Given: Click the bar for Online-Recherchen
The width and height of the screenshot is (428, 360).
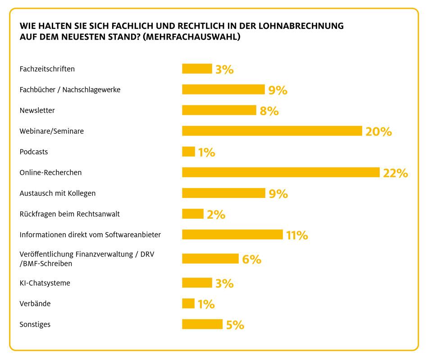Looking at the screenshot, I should coord(281,172).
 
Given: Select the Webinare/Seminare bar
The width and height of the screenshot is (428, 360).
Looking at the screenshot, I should coord(272,131).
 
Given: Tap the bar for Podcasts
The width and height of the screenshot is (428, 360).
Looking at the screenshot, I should coord(188,152).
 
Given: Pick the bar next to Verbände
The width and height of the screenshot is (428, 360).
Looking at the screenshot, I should coord(188,304).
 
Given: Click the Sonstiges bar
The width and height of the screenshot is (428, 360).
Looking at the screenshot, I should coord(202,324).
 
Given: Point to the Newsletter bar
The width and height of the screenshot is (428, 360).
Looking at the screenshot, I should coord(219,110).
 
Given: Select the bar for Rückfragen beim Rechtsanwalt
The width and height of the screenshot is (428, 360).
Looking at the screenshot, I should coord(193,214).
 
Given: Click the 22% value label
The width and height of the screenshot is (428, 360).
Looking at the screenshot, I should coord(395,173).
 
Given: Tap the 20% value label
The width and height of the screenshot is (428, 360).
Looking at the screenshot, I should coord(378,131).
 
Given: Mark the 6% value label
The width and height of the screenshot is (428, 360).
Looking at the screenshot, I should coord(251,259).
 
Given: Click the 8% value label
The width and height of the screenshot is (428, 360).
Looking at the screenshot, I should coord(269,111).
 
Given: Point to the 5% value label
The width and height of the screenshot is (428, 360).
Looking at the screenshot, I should coord(235,325).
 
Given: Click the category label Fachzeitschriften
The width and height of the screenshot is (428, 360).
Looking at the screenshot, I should coord(47,69).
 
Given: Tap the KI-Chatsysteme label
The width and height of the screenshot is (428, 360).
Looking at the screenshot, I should coord(45,283).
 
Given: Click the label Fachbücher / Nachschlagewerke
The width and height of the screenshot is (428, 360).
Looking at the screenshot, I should coord(70,90).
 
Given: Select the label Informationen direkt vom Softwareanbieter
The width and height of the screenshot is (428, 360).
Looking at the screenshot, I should coord(90,234).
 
